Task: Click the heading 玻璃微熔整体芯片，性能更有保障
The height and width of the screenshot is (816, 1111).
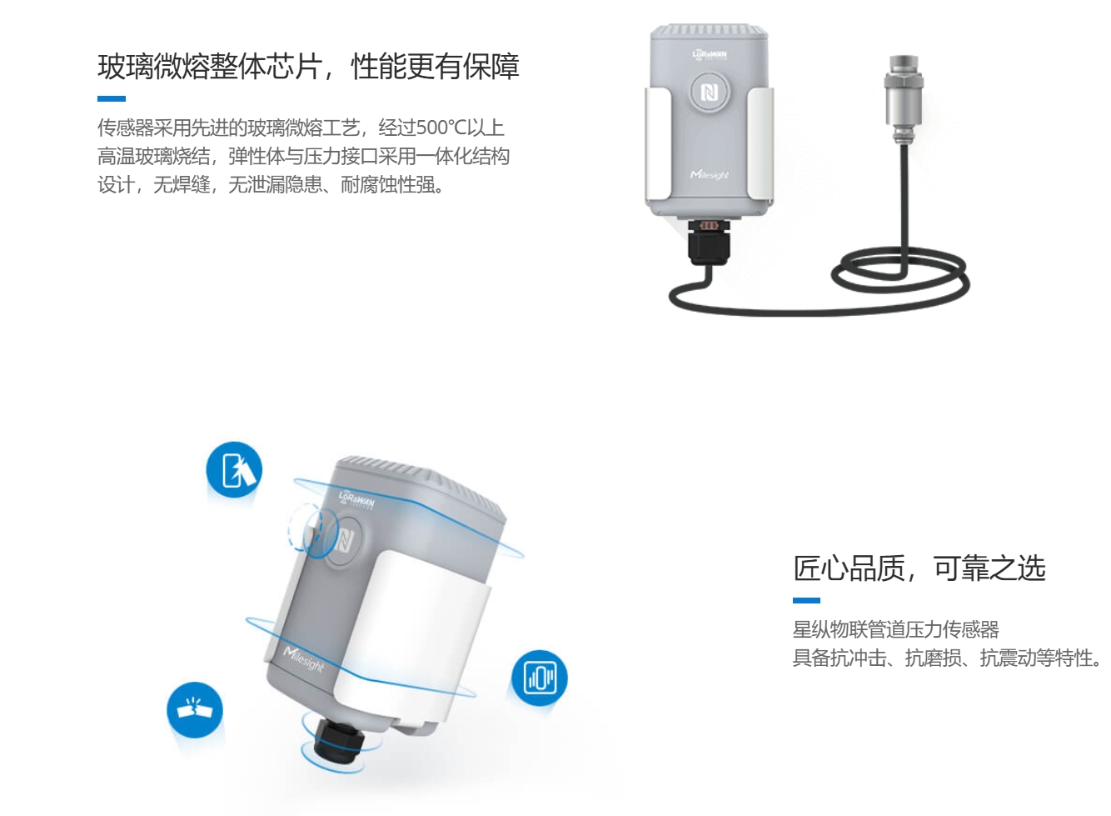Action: [308, 67]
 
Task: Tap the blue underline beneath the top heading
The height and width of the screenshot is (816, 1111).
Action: [111, 99]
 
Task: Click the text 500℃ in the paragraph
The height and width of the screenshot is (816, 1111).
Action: [441, 128]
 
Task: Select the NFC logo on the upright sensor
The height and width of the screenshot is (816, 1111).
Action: [710, 92]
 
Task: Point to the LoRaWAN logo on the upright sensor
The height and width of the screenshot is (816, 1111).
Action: [710, 54]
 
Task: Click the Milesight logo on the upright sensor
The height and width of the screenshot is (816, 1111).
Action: [710, 175]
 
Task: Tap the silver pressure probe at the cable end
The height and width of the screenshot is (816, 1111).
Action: [904, 99]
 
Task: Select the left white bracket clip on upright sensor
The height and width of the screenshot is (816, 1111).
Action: [658, 144]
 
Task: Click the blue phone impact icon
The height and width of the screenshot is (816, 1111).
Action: [234, 469]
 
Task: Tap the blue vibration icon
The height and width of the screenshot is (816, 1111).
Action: [540, 678]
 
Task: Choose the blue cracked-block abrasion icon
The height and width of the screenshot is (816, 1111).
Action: [195, 710]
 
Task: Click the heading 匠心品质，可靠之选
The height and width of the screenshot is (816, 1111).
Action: [919, 568]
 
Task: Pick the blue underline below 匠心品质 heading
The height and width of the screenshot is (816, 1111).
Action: [806, 601]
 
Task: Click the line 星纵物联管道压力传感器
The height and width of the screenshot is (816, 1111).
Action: [896, 629]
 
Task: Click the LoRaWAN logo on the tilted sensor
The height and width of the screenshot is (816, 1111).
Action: [356, 499]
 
